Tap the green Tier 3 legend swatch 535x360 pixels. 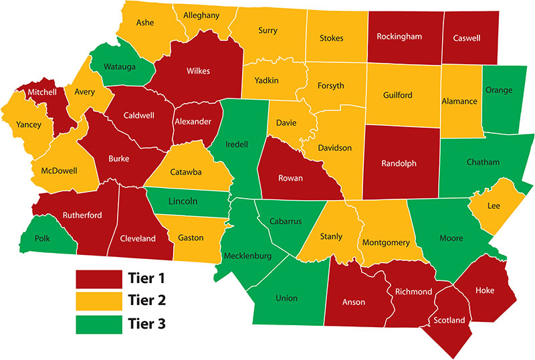(96, 325)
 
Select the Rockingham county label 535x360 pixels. (399, 36)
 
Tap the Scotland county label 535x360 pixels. (449, 321)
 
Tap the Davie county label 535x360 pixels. (286, 123)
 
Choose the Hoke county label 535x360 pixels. (485, 290)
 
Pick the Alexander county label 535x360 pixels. (193, 122)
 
